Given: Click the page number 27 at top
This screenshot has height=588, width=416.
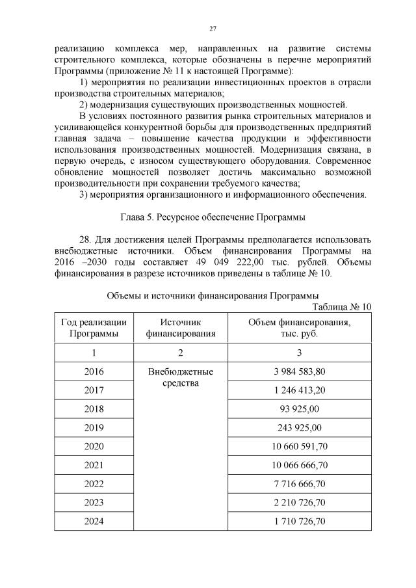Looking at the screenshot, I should [x=212, y=29].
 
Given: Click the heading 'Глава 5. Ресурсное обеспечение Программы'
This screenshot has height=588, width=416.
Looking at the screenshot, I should [x=212, y=217].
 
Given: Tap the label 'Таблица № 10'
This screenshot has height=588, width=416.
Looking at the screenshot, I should [x=342, y=307].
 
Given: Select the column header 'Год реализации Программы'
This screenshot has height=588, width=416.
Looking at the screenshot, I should [x=94, y=328].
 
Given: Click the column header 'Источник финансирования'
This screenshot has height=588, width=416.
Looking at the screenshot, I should [x=181, y=328].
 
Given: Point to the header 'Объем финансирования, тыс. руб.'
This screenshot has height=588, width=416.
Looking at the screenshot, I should [x=300, y=328].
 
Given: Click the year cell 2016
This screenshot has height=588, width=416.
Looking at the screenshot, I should [x=94, y=371].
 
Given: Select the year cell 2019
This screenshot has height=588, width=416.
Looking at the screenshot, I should [x=94, y=427].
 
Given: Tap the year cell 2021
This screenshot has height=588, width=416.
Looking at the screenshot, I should [x=94, y=465].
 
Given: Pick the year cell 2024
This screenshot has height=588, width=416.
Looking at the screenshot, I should [x=94, y=521].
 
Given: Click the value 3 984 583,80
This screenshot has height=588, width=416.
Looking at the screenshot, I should [x=300, y=371].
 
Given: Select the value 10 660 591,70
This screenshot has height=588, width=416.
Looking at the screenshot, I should [x=300, y=446].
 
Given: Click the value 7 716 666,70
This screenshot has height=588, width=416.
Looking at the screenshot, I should [x=300, y=484].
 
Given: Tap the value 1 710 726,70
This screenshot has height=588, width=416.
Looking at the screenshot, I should [x=300, y=521].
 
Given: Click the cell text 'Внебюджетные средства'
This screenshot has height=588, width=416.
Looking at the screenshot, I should [x=181, y=377].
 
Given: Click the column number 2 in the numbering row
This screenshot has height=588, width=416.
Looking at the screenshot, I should [x=181, y=353].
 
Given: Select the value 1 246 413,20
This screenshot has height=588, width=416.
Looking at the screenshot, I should [x=300, y=390].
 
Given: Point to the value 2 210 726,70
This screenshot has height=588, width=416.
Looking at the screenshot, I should [x=300, y=502].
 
